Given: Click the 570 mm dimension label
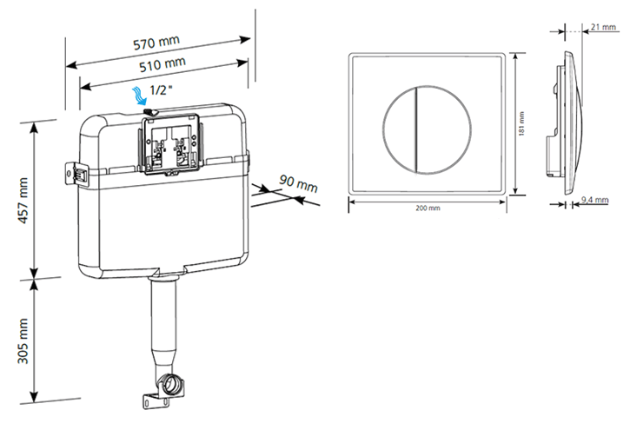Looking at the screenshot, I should pyautogui.click(x=157, y=43).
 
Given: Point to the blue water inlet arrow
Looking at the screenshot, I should pyautogui.click(x=136, y=94).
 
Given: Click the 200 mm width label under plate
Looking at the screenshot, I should pyautogui.click(x=428, y=208).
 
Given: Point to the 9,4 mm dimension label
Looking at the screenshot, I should pyautogui.click(x=594, y=201).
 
